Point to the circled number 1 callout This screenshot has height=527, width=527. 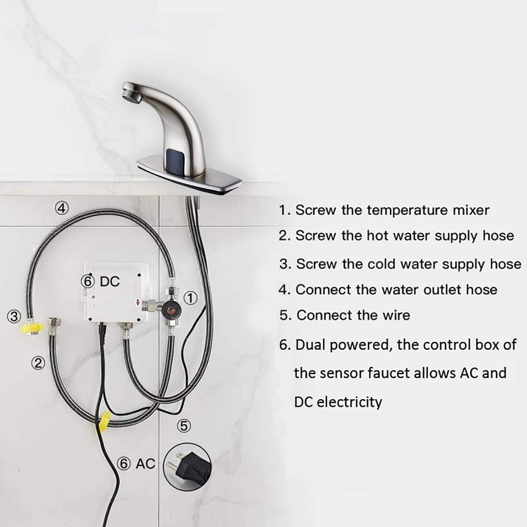point(190,298)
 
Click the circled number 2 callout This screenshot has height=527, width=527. point(38,363)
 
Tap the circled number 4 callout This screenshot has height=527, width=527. point(61,208)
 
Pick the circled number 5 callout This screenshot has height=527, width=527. point(184,426)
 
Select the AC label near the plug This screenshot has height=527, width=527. point(145,463)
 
